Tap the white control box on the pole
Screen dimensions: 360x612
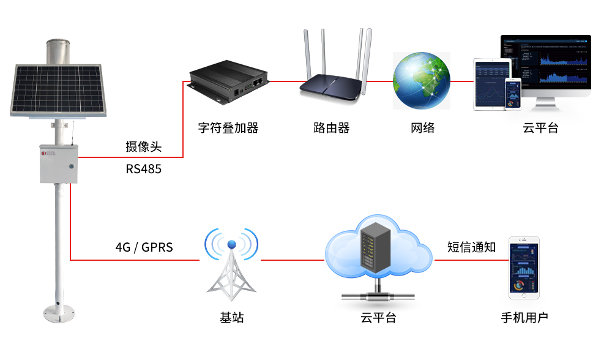pos(59,163)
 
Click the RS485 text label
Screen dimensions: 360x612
pos(144,168)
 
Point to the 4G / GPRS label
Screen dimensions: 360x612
pos(144,247)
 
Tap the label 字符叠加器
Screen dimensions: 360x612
pos(228,128)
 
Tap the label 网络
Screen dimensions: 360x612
pos(422,128)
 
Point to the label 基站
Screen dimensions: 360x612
pos(232,318)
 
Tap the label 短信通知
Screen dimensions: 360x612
pos(472,247)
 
